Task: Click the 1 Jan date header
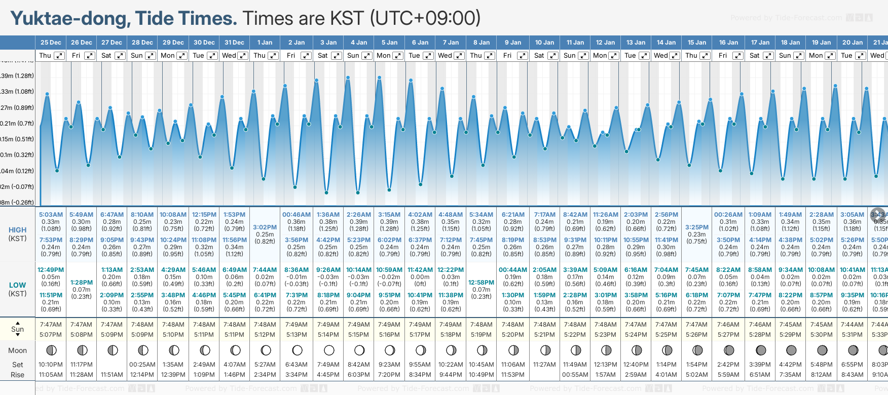click(x=265, y=43)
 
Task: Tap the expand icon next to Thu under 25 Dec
click(x=59, y=56)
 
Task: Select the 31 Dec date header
click(x=234, y=43)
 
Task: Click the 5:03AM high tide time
click(x=51, y=215)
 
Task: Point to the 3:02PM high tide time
click(x=265, y=227)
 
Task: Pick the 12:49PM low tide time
click(x=51, y=270)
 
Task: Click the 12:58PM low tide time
click(x=481, y=283)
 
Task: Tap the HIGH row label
click(x=17, y=230)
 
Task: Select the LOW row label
click(x=17, y=285)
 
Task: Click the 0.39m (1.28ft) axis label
click(x=17, y=76)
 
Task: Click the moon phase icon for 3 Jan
click(x=329, y=350)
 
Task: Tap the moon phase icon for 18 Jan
click(x=791, y=350)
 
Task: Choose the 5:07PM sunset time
click(x=51, y=335)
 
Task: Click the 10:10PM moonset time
click(x=51, y=365)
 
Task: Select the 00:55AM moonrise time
click(x=575, y=375)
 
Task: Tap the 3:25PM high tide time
click(x=696, y=227)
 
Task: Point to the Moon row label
click(x=17, y=350)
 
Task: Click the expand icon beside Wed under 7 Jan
click(x=459, y=56)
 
